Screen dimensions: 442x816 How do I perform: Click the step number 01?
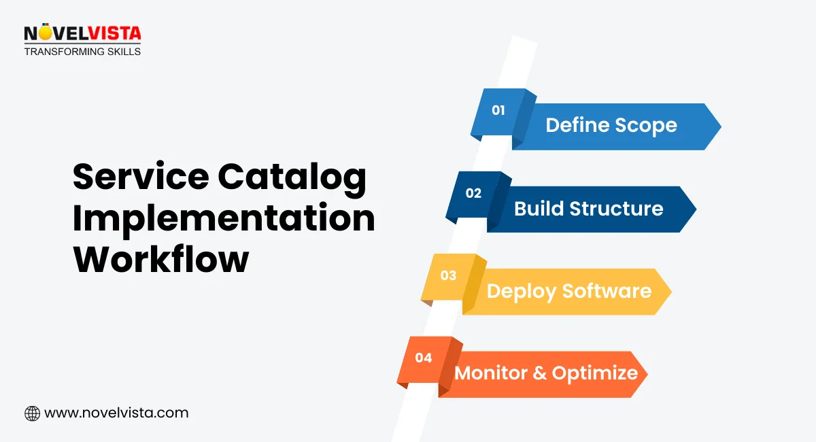pos(498,110)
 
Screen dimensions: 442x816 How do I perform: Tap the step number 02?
pos(473,193)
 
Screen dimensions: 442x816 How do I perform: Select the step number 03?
pos(448,275)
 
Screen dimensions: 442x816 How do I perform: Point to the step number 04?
pos(424,358)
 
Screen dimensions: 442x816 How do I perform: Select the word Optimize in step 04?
pos(595,373)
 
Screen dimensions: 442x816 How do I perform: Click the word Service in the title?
pos(141,177)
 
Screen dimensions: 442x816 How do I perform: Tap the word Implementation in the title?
pos(224,219)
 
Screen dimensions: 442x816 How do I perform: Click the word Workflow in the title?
pos(160,260)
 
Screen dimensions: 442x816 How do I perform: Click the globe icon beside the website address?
pos(32,413)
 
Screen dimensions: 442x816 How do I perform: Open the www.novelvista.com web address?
pos(116,413)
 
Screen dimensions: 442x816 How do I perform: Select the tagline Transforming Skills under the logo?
pos(82,52)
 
